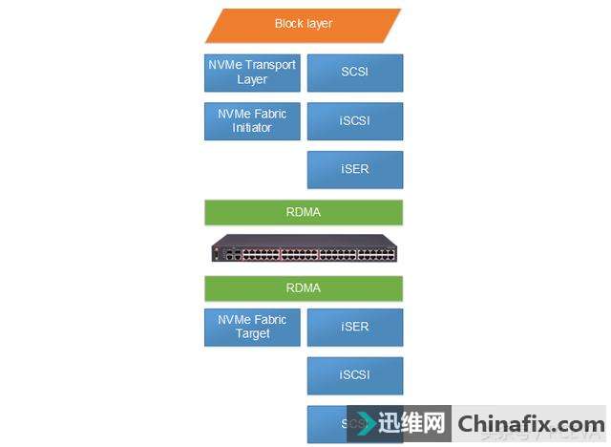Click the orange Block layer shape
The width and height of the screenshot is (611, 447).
pos(304,25)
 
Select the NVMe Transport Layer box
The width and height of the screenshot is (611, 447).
pos(252,73)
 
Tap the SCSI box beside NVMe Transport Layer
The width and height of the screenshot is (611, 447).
pos(355,73)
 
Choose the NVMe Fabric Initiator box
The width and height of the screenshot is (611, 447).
pos(252,121)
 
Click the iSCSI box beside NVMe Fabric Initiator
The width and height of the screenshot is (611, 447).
pos(355,121)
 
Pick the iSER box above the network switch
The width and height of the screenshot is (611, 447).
pos(355,170)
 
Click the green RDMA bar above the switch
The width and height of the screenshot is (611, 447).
pos(304,212)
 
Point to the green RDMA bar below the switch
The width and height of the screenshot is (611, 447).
pos(304,287)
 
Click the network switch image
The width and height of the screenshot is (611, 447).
pos(304,250)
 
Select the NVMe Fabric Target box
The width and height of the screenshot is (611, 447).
pos(252,327)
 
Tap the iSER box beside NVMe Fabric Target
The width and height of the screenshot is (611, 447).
pos(355,327)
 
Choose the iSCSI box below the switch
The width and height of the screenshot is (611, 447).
pos(355,375)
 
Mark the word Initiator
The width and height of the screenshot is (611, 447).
pos(252,128)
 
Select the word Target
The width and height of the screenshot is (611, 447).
pos(253,334)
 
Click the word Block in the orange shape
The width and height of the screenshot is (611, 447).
pos(287,24)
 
